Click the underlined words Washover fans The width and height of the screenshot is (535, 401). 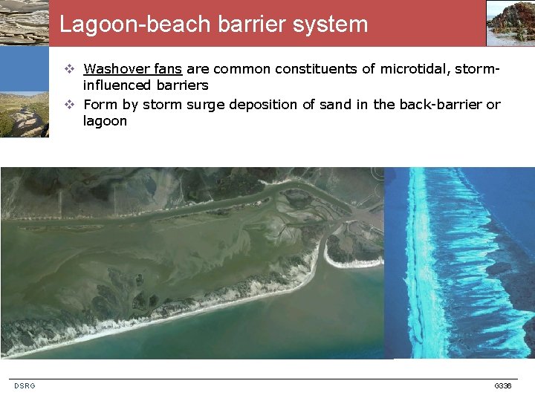click(133, 69)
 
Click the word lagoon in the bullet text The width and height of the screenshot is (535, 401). click(105, 121)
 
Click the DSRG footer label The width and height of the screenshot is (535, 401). click(25, 385)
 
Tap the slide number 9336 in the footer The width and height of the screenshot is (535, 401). click(502, 385)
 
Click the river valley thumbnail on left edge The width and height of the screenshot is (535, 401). click(24, 114)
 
